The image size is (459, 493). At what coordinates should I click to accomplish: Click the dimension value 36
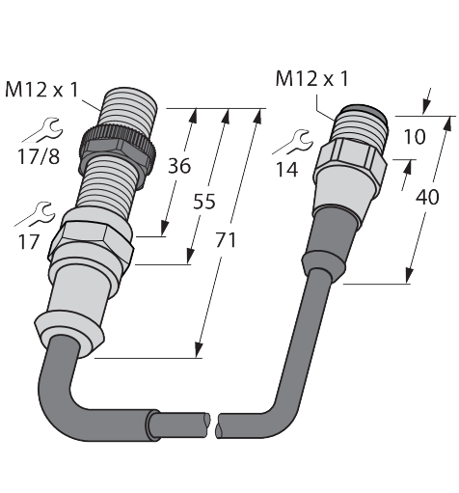(179, 166)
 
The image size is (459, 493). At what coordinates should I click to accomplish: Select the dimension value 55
(203, 202)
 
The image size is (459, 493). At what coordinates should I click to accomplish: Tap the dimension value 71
(226, 240)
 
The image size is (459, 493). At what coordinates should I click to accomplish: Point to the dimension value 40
(427, 197)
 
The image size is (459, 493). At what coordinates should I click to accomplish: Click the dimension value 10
(415, 137)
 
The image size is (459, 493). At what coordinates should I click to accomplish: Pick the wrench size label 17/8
(39, 156)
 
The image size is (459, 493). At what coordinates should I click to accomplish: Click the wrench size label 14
(287, 170)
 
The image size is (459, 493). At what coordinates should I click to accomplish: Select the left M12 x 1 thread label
(41, 90)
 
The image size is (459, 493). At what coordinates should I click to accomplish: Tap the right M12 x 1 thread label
(311, 79)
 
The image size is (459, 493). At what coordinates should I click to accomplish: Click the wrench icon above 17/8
(43, 131)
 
